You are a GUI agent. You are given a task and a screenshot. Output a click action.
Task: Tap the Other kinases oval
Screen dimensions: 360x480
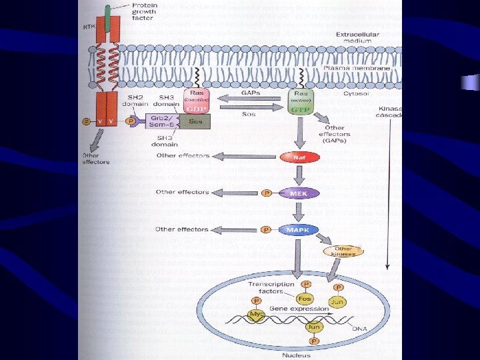(x=344, y=251)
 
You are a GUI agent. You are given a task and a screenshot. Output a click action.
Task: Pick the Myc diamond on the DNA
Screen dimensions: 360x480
(x=256, y=314)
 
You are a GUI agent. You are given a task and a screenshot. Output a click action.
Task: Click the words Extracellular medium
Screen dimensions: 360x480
(x=358, y=37)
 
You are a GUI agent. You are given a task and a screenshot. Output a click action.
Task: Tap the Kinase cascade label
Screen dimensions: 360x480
(x=391, y=111)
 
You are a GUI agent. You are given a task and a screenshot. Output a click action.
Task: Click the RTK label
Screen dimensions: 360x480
(x=89, y=27)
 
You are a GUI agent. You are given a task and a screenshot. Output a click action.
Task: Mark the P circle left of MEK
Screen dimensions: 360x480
(x=267, y=193)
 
